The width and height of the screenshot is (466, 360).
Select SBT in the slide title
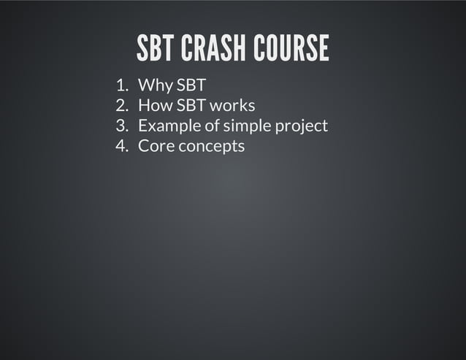[156, 48]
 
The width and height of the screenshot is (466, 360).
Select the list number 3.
[122, 126]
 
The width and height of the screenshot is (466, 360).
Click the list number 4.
[122, 145]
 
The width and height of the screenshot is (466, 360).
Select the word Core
[154, 145]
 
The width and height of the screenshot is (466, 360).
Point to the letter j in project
[301, 127]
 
